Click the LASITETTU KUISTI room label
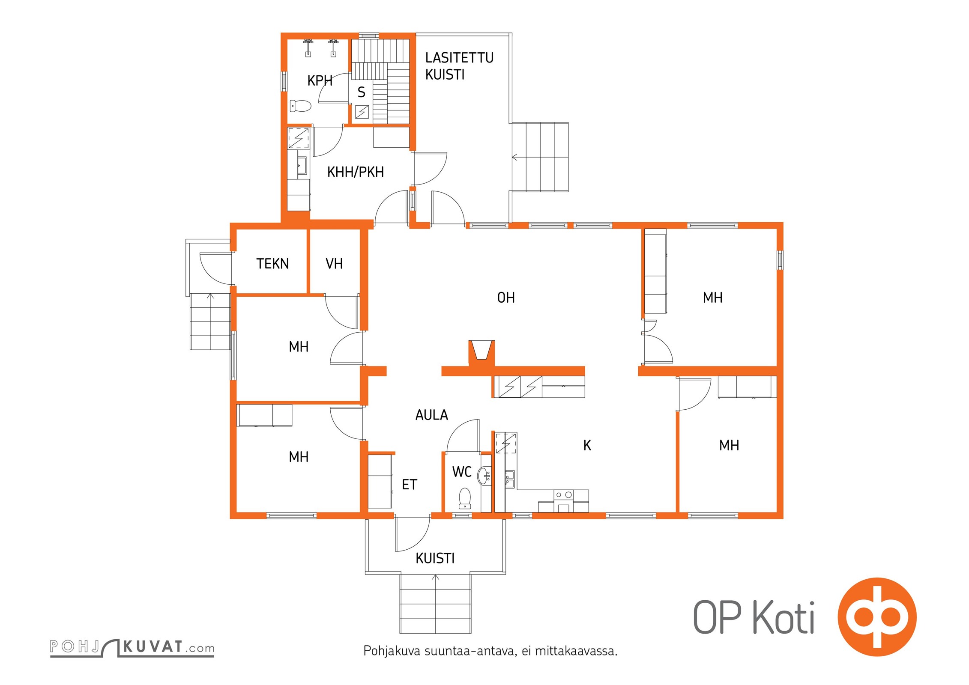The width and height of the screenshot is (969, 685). pos(459,66)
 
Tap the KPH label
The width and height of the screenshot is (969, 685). pos(320,80)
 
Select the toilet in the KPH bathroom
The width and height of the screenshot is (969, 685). pos(301,105)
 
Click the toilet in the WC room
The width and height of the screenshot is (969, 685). pos(465,498)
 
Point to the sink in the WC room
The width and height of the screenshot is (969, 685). pos(484,476)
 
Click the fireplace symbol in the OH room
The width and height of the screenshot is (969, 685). pos(482,350)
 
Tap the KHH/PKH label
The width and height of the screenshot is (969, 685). pos(356,172)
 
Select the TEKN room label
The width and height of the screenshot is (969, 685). pos(272,264)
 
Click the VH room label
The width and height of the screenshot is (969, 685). pos(334,264)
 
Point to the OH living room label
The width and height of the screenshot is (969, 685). pos(506,298)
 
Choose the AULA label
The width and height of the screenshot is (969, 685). pos(432,415)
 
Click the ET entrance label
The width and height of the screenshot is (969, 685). pos(410,485)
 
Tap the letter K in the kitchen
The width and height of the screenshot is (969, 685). pos(587,446)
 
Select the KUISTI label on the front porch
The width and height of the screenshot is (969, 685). pos(435,558)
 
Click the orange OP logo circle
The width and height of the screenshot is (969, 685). pos(877,617)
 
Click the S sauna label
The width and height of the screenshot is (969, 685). pos(362,92)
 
